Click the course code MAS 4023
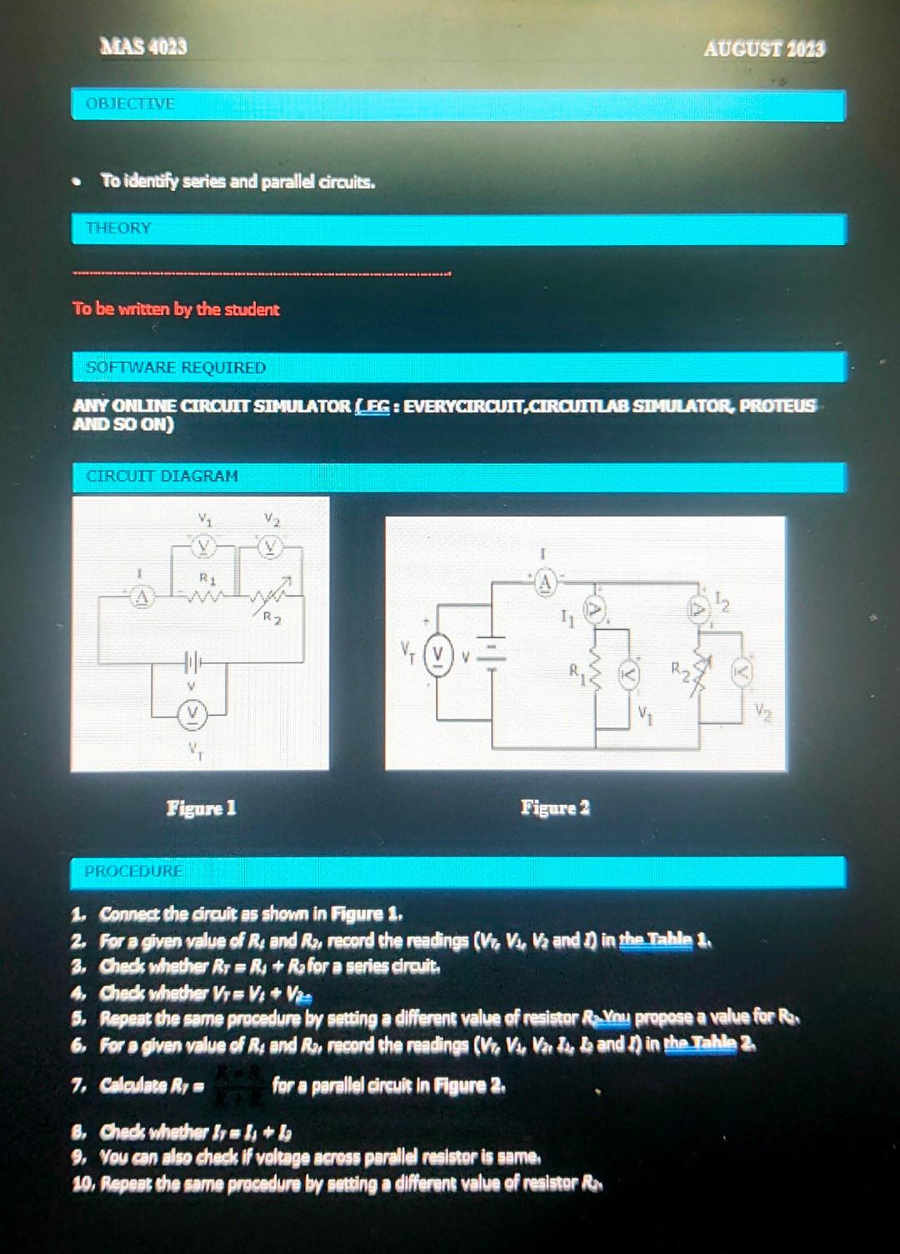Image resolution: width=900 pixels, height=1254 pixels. click(142, 47)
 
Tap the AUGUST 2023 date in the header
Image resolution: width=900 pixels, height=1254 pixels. click(764, 49)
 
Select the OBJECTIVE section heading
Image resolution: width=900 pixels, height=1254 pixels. click(130, 104)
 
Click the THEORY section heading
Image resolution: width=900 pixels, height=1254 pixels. click(118, 228)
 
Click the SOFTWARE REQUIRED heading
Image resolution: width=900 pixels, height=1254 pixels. click(176, 367)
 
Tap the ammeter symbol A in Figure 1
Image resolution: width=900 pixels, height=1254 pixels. click(143, 597)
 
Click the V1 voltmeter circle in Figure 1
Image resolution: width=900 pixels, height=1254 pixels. click(202, 547)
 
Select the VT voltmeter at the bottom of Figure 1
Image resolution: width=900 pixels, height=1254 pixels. click(193, 713)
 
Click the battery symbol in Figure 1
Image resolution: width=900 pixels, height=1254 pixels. click(192, 664)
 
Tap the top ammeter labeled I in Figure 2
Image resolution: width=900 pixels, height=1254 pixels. click(544, 582)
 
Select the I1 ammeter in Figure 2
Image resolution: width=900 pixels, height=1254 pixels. click(594, 611)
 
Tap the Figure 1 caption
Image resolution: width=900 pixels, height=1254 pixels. click(201, 807)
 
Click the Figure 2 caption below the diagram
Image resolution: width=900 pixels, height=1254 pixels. click(555, 807)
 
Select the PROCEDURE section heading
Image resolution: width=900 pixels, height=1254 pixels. click(133, 872)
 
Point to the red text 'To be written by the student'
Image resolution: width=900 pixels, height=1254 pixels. click(176, 309)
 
